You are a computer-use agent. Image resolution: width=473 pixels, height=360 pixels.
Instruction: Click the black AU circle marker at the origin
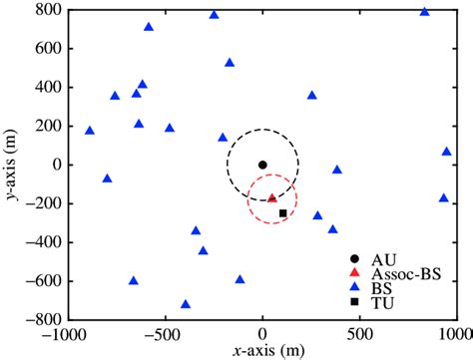tap(262, 165)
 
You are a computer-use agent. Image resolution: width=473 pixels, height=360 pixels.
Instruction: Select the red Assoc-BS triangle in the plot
tap(272, 198)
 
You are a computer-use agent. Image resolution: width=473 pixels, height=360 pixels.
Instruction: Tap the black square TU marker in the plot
tap(282, 213)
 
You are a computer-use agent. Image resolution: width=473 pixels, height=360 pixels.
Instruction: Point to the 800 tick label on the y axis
tap(44, 10)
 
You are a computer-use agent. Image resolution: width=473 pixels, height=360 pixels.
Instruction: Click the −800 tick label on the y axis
tap(40, 320)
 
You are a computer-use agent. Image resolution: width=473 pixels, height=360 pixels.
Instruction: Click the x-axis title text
tap(262, 351)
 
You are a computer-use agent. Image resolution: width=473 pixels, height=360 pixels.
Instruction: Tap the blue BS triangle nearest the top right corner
tap(424, 13)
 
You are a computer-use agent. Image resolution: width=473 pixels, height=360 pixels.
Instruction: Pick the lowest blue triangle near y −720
tap(186, 304)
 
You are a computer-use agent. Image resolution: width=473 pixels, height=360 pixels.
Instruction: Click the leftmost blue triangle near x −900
tap(90, 131)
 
